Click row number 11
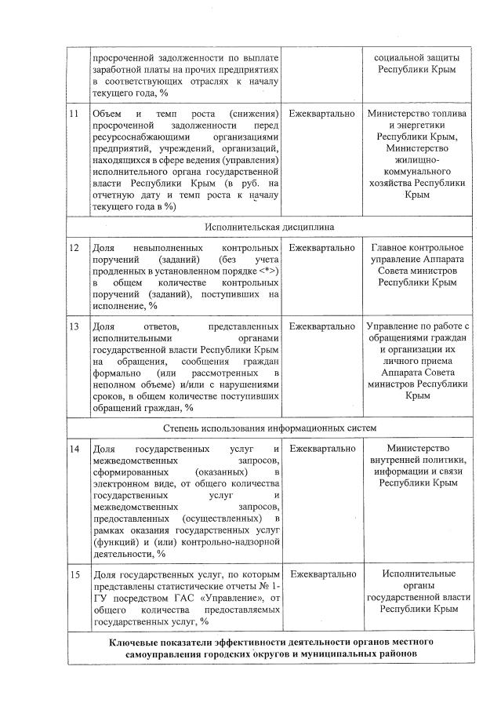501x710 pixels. coord(74,115)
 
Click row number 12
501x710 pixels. coord(74,247)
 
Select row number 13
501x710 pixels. coord(74,326)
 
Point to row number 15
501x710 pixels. coord(74,575)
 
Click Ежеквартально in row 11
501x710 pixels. coord(321,115)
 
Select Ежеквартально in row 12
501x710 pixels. coord(321,247)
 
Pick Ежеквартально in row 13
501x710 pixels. coord(321,326)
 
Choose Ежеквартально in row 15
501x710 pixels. coord(321,575)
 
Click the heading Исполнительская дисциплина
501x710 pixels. coord(270,227)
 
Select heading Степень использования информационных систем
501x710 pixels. coord(270,428)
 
